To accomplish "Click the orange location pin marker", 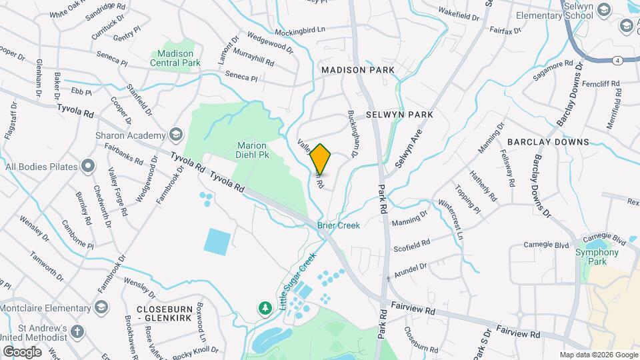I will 321,159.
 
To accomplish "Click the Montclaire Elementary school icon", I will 101,307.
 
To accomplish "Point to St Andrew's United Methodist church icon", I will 77,331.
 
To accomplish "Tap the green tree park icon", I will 265,307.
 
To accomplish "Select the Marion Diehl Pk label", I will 252,150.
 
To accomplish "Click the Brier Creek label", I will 338,225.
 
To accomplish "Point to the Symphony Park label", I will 598,257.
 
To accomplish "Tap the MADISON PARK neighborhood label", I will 357,70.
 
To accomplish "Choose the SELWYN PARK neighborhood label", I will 399,115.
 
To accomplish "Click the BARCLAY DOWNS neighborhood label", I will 548,142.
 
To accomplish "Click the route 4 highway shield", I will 619,60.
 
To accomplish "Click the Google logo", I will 22,351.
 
